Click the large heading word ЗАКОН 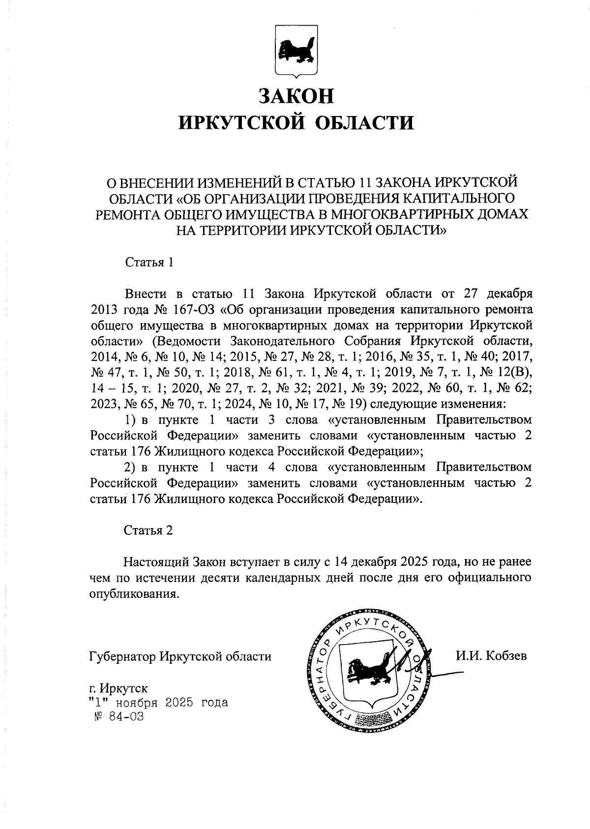pyautogui.click(x=296, y=96)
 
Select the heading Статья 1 pyautogui.click(x=149, y=262)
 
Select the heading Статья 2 pyautogui.click(x=148, y=530)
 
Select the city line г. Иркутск pyautogui.click(x=118, y=687)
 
